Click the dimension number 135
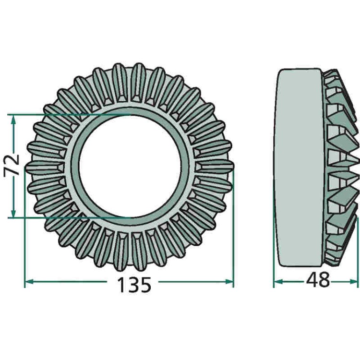pyautogui.click(x=134, y=285)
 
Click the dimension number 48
pyautogui.click(x=318, y=280)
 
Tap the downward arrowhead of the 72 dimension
pyautogui.click(x=13, y=213)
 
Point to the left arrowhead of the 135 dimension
pyautogui.click(x=29, y=282)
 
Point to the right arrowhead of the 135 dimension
pyautogui.click(x=229, y=282)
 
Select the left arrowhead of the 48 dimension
pyautogui.click(x=278, y=282)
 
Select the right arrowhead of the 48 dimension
pyautogui.click(x=354, y=282)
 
